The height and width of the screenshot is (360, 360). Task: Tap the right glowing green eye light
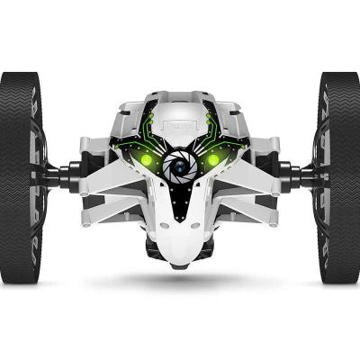point(213,160)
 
